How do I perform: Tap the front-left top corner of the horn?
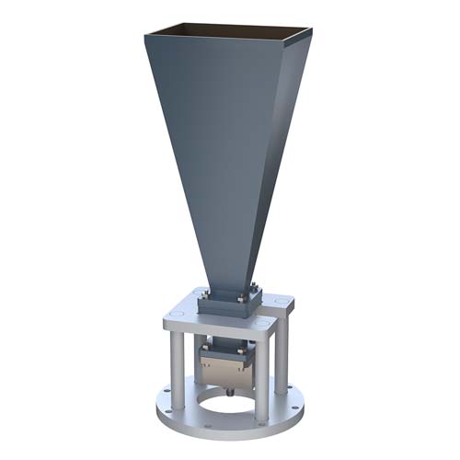145,37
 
